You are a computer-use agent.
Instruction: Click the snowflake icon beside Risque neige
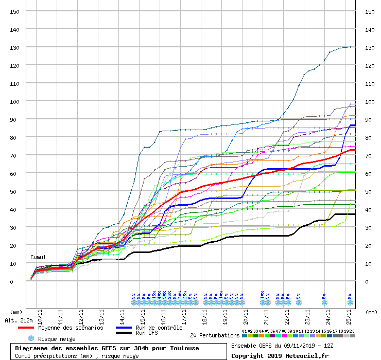31,339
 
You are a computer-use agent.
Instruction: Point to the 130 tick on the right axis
369,48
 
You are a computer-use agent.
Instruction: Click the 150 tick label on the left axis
15,12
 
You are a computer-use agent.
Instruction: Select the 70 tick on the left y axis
16,155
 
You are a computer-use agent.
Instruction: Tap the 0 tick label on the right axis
367,281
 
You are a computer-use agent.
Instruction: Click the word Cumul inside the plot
38,257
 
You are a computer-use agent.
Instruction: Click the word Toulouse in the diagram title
182,348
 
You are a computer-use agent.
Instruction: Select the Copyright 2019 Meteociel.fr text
280,355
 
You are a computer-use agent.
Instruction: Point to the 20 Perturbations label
215,335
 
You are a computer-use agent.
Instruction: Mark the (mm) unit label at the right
371,312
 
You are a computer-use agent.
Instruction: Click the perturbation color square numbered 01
245,336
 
